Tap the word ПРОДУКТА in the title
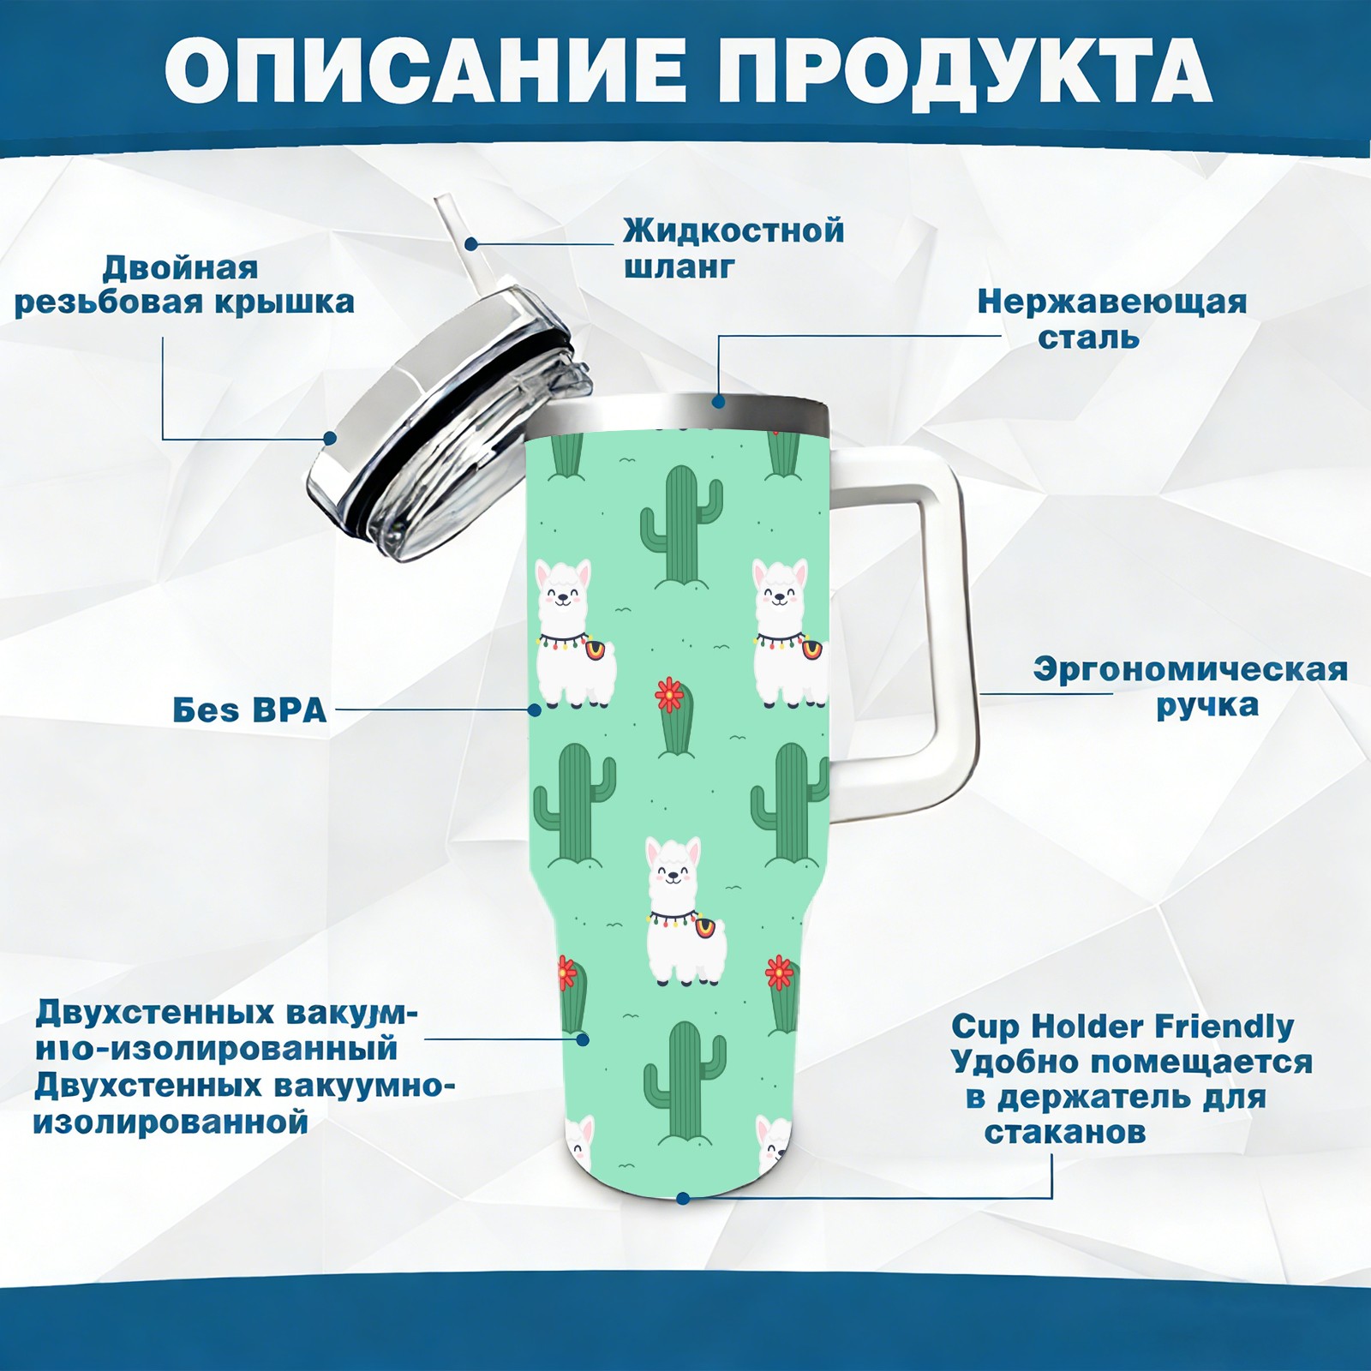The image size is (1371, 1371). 965,73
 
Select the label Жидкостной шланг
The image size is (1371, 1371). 733,248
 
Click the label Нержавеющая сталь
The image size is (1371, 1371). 1112,319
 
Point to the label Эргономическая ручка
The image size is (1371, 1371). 1190,686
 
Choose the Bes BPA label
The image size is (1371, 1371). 249,710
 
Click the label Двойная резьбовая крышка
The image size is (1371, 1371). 184,284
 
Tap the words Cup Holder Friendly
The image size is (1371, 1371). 1123,1026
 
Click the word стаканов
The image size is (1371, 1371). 1065,1132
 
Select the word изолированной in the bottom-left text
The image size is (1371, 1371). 171,1122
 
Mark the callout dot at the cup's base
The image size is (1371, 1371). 683,1198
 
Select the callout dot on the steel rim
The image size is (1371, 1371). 718,400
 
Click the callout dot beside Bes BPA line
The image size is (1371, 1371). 535,709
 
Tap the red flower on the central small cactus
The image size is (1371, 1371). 669,695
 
